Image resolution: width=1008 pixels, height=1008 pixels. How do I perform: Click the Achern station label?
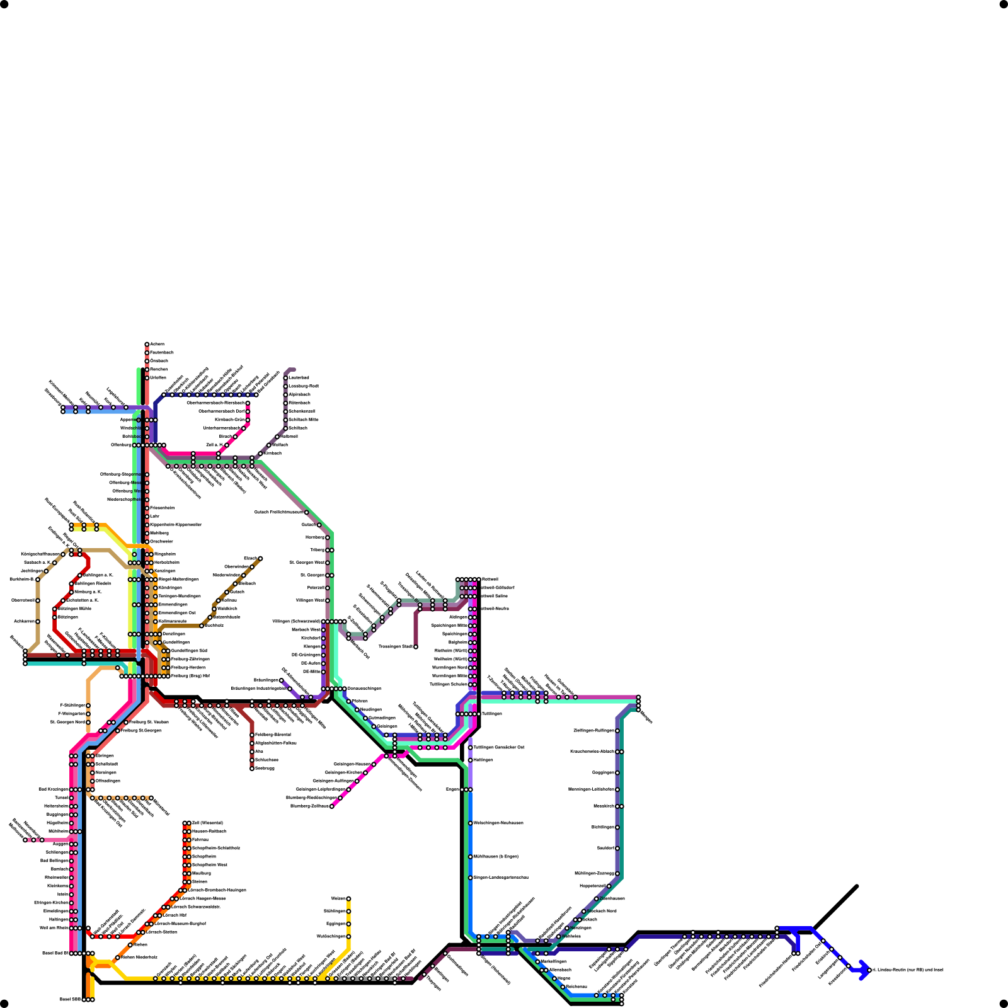point(157,344)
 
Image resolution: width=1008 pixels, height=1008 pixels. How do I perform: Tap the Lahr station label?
point(154,516)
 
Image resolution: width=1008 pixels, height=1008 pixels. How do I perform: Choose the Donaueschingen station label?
point(364,689)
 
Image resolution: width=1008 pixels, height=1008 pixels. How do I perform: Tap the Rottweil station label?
point(490,579)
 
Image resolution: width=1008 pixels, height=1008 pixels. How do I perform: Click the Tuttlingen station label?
point(492,714)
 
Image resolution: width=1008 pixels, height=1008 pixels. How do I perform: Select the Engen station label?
point(452,789)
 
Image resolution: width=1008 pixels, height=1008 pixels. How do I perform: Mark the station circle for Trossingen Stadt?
point(416,647)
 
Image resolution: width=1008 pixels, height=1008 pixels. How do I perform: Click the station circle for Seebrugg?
point(252,769)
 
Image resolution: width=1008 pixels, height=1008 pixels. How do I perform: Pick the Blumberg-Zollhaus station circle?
point(332,806)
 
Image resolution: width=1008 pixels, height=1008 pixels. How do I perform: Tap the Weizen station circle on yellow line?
point(348,899)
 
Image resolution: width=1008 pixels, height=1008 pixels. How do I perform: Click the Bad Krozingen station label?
point(53,789)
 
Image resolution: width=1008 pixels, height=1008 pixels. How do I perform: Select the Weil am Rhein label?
point(54,928)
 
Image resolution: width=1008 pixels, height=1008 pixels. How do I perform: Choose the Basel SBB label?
point(70,999)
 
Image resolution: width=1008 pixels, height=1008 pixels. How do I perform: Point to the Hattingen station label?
point(483,760)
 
